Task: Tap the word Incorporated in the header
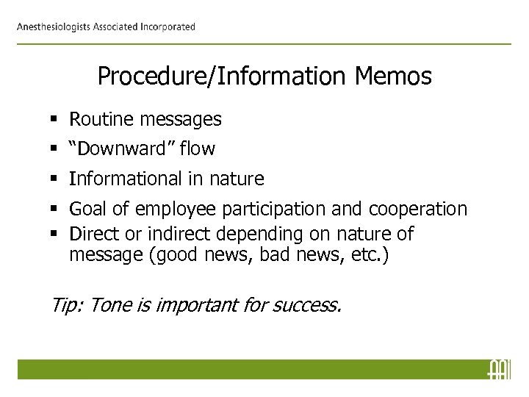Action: (166, 27)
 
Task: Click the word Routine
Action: (99, 118)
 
